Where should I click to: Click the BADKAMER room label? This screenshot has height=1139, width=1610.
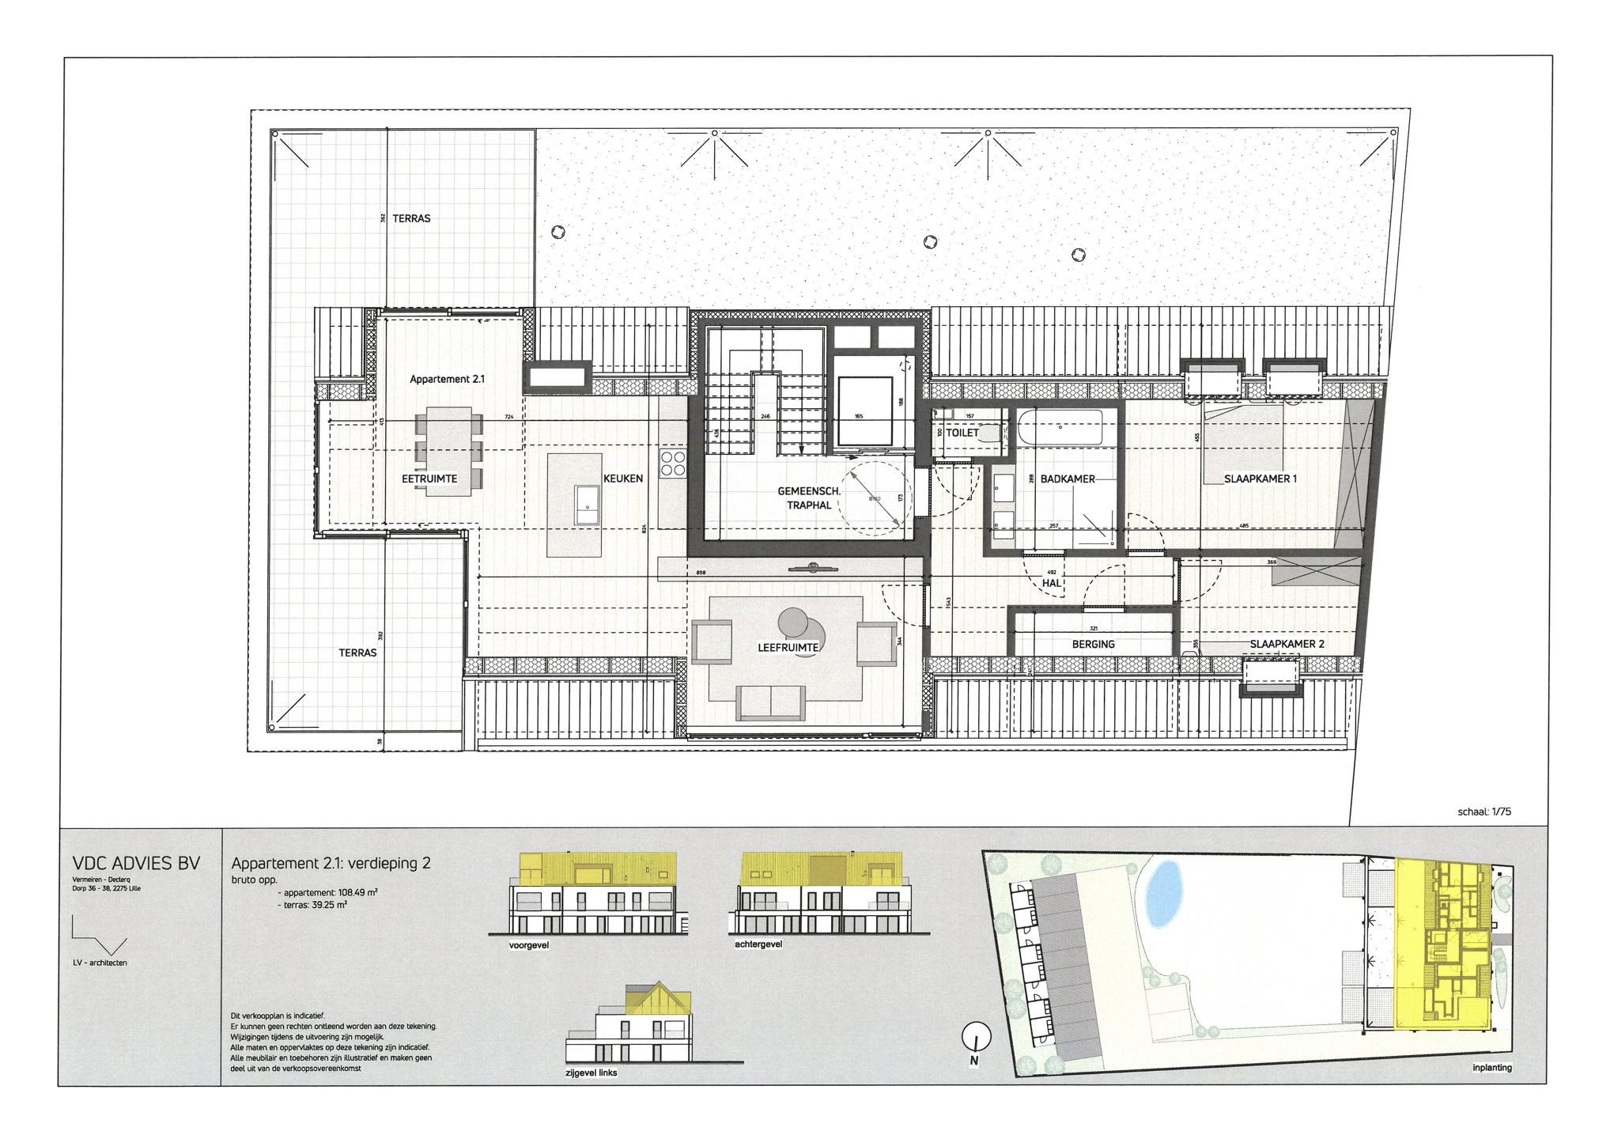coord(1068,479)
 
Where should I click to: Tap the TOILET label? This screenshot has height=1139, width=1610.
coord(962,433)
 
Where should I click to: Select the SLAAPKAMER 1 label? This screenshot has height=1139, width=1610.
coord(1260,479)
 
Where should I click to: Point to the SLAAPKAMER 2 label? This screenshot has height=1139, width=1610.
coord(1287,644)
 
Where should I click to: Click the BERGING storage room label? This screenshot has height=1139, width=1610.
coord(1093,644)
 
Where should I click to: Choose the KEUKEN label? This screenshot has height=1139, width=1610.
coord(623,479)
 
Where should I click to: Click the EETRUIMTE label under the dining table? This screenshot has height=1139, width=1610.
coord(429,479)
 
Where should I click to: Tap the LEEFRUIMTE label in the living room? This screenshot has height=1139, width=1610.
coord(788,647)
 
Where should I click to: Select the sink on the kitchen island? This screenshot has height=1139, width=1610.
coord(587,505)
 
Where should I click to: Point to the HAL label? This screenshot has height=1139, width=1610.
coord(1051,583)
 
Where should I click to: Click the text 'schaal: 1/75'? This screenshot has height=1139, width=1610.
coord(1484,812)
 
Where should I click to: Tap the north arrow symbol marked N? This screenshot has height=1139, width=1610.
coord(977,1038)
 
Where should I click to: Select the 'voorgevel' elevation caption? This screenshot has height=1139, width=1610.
coord(529,944)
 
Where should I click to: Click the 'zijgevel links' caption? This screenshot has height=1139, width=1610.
coord(591,1073)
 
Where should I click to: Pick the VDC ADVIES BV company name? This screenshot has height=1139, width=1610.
coord(135,863)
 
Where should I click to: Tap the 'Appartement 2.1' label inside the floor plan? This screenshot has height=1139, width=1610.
coord(447,380)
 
